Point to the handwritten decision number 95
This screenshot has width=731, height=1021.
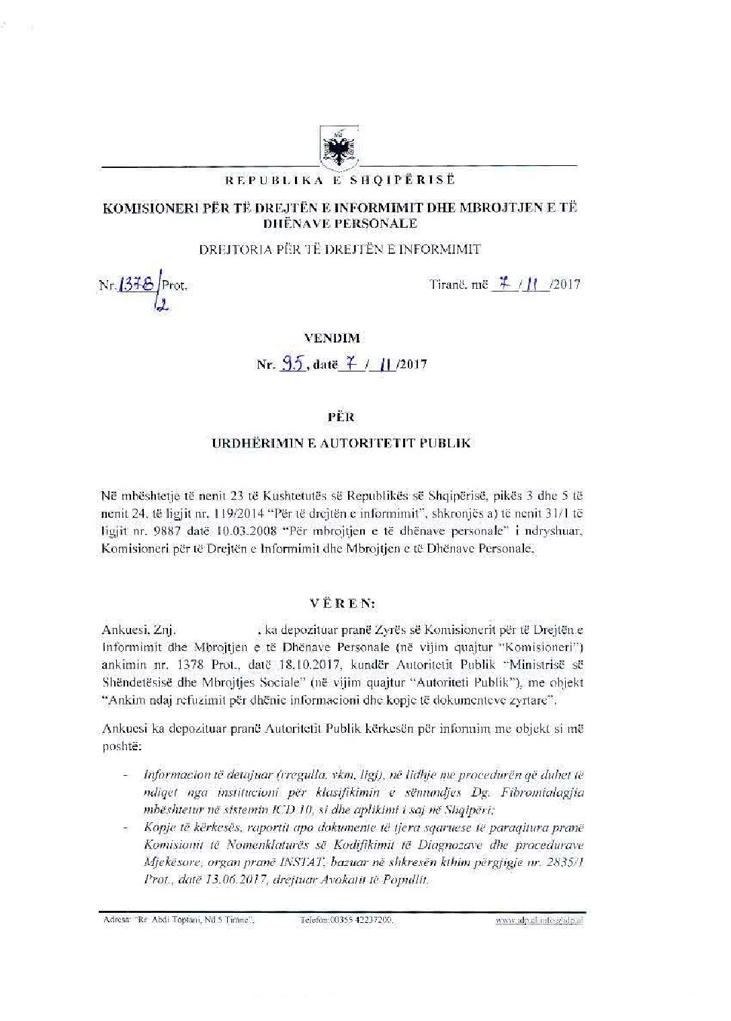pos(292,365)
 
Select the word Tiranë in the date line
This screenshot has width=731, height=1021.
pos(447,285)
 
